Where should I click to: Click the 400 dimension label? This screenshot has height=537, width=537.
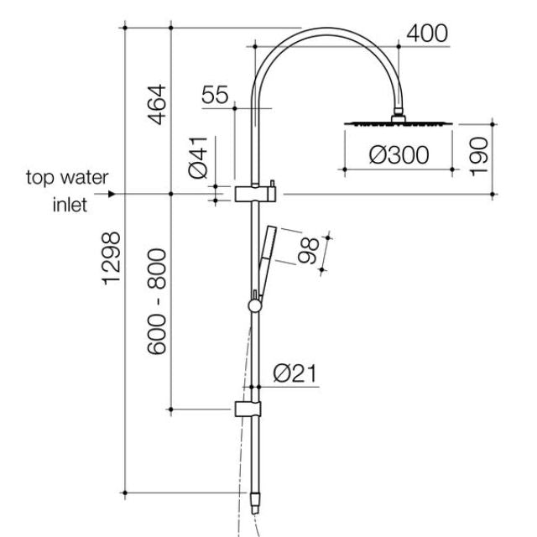click(427, 34)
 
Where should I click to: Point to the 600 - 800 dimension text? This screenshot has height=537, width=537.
click(155, 300)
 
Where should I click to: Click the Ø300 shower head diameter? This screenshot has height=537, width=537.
click(399, 155)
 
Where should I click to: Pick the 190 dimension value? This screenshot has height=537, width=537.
click(479, 155)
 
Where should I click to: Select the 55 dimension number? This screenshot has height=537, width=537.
click(215, 95)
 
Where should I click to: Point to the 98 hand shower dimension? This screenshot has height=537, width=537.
click(309, 251)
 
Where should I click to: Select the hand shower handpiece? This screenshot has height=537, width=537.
click(265, 251)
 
